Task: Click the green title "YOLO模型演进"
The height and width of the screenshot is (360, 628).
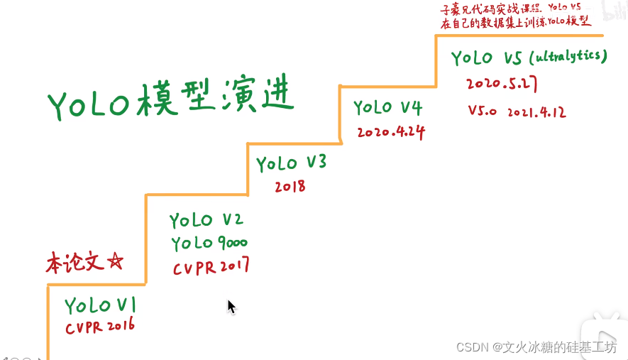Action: click(170, 102)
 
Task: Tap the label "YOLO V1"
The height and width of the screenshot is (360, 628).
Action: click(100, 305)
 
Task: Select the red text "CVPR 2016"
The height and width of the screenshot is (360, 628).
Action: click(100, 327)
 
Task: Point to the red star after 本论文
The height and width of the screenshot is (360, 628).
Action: click(114, 262)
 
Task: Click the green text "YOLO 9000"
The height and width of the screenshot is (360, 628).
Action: click(209, 244)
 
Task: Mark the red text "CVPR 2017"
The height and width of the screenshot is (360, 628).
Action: click(211, 267)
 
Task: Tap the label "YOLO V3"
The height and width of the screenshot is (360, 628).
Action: click(291, 163)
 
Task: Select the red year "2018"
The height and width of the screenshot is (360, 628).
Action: click(290, 187)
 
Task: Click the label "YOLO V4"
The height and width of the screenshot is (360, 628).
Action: click(387, 108)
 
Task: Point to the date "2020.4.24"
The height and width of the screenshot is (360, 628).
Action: click(390, 132)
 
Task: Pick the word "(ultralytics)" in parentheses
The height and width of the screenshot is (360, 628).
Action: click(568, 55)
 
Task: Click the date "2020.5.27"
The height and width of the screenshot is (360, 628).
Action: click(501, 84)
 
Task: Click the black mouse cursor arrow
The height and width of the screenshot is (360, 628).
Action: click(231, 306)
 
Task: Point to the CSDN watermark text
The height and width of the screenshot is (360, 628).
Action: click(536, 347)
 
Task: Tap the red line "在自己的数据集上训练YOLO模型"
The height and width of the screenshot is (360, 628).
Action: click(515, 21)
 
